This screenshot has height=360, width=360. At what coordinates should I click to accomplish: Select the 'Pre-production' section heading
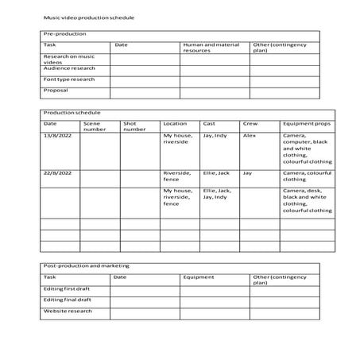pyautogui.click(x=65, y=34)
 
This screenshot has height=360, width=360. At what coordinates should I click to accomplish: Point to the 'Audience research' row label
pyautogui.click(x=69, y=69)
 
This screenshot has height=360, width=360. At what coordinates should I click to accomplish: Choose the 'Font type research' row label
pyautogui.click(x=69, y=80)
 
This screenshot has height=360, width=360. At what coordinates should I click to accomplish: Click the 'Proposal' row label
pyautogui.click(x=56, y=91)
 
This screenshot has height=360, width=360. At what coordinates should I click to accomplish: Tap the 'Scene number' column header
pyautogui.click(x=94, y=126)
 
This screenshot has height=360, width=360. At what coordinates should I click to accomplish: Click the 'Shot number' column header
pyautogui.click(x=134, y=126)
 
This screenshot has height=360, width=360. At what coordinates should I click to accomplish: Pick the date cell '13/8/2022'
pyautogui.click(x=57, y=136)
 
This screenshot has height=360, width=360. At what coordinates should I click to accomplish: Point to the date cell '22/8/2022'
pyautogui.click(x=57, y=172)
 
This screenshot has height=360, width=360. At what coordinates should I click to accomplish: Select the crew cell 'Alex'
pyautogui.click(x=250, y=136)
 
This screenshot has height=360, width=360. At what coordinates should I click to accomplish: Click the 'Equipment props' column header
pyautogui.click(x=304, y=124)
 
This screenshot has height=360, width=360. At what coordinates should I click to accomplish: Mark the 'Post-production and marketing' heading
pyautogui.click(x=87, y=265)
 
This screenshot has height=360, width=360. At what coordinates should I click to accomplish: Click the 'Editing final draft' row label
pyautogui.click(x=68, y=300)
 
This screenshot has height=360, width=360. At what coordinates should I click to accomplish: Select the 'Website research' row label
pyautogui.click(x=68, y=312)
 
